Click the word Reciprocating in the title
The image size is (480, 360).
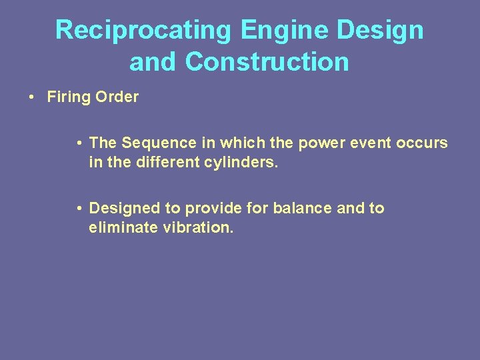pyautogui.click(x=143, y=30)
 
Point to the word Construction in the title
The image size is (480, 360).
pyautogui.click(x=267, y=62)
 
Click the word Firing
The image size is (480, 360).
pyautogui.click(x=69, y=97)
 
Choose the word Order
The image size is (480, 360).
pyautogui.click(x=117, y=97)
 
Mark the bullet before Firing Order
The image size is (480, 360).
pyautogui.click(x=32, y=97)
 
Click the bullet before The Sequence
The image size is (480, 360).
pyautogui.click(x=79, y=143)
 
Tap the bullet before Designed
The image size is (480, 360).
pyautogui.click(x=79, y=209)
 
